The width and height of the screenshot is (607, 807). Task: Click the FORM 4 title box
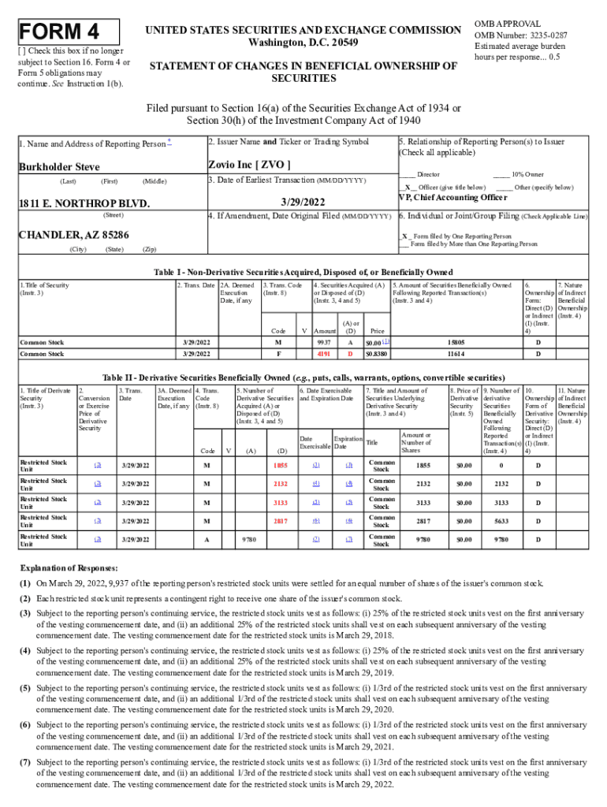click(69, 32)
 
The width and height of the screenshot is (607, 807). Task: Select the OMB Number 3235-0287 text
click(519, 35)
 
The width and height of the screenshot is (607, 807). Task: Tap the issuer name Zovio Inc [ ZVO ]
click(249, 165)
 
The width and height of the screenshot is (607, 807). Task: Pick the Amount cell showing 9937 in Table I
click(323, 343)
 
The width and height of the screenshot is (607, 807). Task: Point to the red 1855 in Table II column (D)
click(280, 465)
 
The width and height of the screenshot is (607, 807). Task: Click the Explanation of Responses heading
click(69, 568)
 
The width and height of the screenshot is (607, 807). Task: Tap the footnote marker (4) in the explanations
click(26, 650)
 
